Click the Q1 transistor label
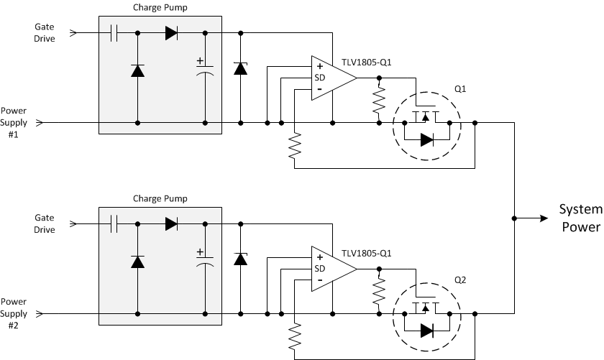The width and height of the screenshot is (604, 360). click(460, 89)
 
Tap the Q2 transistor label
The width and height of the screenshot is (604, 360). click(460, 280)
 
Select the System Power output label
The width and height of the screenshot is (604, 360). click(580, 218)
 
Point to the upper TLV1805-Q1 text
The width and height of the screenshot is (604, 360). click(367, 62)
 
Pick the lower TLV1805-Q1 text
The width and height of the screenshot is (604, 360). click(367, 253)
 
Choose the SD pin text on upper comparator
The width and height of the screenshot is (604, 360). click(319, 78)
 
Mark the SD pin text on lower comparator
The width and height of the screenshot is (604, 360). click(319, 269)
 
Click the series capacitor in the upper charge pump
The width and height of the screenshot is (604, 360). click(114, 33)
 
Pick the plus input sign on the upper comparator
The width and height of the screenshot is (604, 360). click(319, 67)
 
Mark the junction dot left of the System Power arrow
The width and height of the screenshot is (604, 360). click(514, 218)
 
